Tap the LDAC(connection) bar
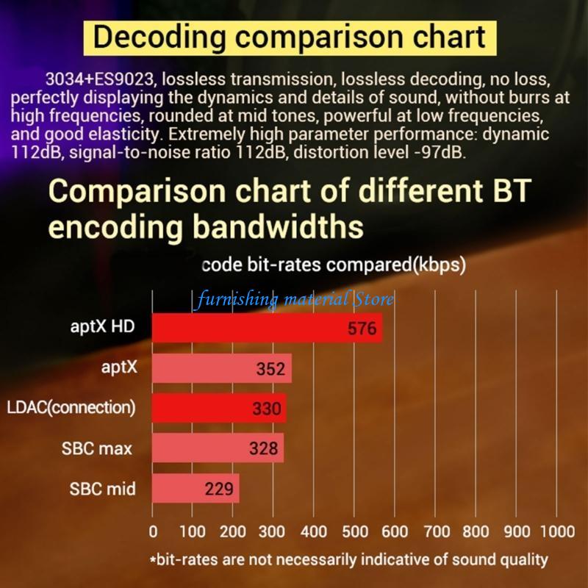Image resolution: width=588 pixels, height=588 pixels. click(219, 409)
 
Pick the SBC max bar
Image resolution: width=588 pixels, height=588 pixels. click(218, 448)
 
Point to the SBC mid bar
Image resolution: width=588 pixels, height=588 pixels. click(196, 488)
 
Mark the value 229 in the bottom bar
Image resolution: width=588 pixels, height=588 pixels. click(219, 489)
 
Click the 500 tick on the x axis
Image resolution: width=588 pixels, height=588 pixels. click(356, 531)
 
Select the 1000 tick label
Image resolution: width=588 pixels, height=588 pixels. click(556, 531)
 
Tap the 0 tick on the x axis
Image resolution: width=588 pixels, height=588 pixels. click(153, 531)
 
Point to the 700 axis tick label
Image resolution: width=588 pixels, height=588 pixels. click(437, 531)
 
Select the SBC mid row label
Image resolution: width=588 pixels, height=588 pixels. click(103, 488)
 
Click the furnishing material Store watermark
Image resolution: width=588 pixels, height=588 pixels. click(295, 300)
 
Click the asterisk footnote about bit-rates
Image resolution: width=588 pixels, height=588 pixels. click(349, 559)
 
